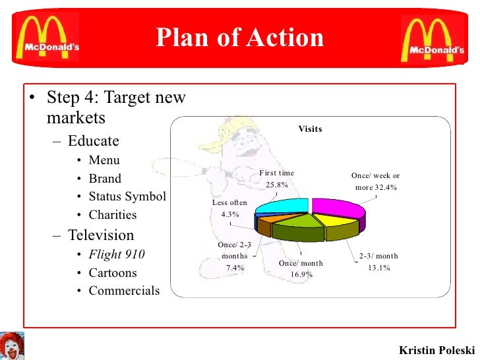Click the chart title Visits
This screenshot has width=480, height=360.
pyautogui.click(x=310, y=129)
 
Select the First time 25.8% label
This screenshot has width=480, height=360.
pyautogui.click(x=277, y=179)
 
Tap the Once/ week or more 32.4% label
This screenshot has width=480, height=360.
pyautogui.click(x=375, y=181)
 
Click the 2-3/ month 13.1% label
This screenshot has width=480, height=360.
pyautogui.click(x=378, y=262)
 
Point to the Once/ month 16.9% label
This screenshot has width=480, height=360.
pyautogui.click(x=301, y=268)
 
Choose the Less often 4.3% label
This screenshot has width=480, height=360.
pyautogui.click(x=229, y=208)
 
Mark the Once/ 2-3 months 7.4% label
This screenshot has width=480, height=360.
pyautogui.click(x=235, y=256)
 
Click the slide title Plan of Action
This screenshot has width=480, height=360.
pyautogui.click(x=240, y=38)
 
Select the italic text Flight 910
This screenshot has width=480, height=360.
pyautogui.click(x=117, y=255)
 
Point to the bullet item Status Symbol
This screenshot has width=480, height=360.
pyautogui.click(x=127, y=196)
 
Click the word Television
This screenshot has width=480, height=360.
pyautogui.click(x=101, y=235)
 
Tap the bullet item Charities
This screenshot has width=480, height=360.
pyautogui.click(x=113, y=215)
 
